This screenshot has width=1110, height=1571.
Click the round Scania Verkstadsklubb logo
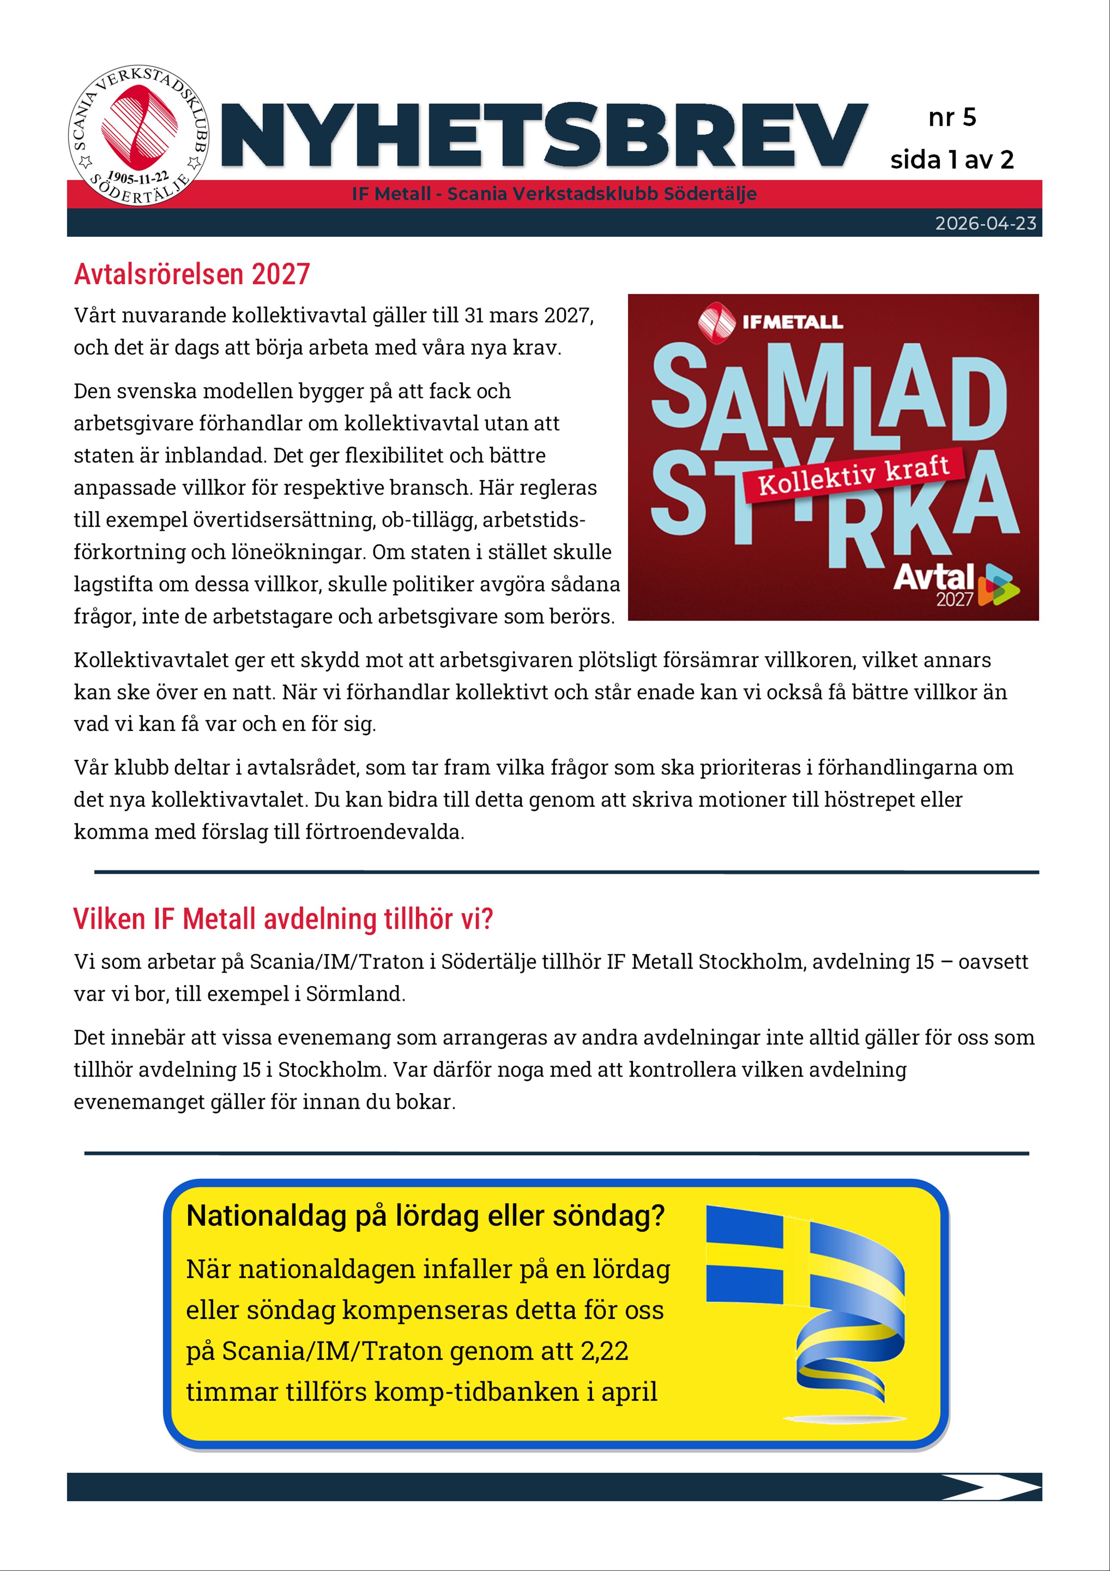(x=139, y=136)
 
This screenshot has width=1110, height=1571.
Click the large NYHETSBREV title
(x=544, y=136)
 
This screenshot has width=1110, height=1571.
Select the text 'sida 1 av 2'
(x=951, y=160)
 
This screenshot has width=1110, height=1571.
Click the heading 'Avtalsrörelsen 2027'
(x=192, y=275)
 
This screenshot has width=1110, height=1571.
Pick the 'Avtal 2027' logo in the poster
(x=955, y=585)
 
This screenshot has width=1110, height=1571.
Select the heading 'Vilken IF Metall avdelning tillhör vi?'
(x=282, y=919)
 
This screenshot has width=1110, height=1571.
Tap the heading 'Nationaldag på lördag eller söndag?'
(x=425, y=1216)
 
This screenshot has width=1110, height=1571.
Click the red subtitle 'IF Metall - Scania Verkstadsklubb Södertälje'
(x=554, y=194)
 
